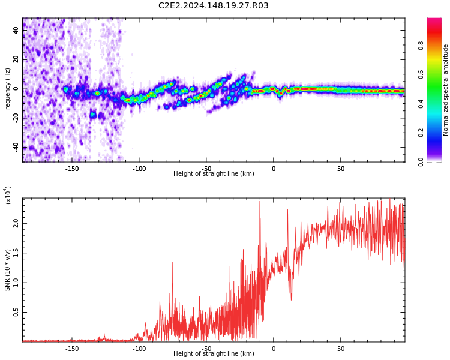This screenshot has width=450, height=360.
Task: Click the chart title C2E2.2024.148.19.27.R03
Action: click(x=214, y=6)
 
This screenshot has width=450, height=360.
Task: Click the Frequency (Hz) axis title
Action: click(x=8, y=90)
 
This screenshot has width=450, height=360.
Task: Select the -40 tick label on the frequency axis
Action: click(x=15, y=147)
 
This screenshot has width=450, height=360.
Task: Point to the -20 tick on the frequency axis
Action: click(x=15, y=118)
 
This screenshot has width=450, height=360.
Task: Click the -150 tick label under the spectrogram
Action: click(x=72, y=169)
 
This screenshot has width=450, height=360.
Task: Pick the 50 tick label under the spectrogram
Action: click(x=340, y=169)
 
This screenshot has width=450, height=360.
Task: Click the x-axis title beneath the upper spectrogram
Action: click(x=214, y=174)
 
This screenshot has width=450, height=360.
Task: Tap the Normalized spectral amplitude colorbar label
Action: click(x=446, y=90)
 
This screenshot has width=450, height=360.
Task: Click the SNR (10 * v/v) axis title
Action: click(x=8, y=270)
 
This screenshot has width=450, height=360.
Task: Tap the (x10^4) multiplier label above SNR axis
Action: click(x=8, y=195)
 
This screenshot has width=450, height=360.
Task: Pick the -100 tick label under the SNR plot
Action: click(x=139, y=349)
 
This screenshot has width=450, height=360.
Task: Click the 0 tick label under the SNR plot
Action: click(x=274, y=349)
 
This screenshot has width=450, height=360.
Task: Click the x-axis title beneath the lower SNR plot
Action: click(x=214, y=354)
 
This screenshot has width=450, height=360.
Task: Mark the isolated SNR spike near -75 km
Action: click(x=172, y=264)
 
